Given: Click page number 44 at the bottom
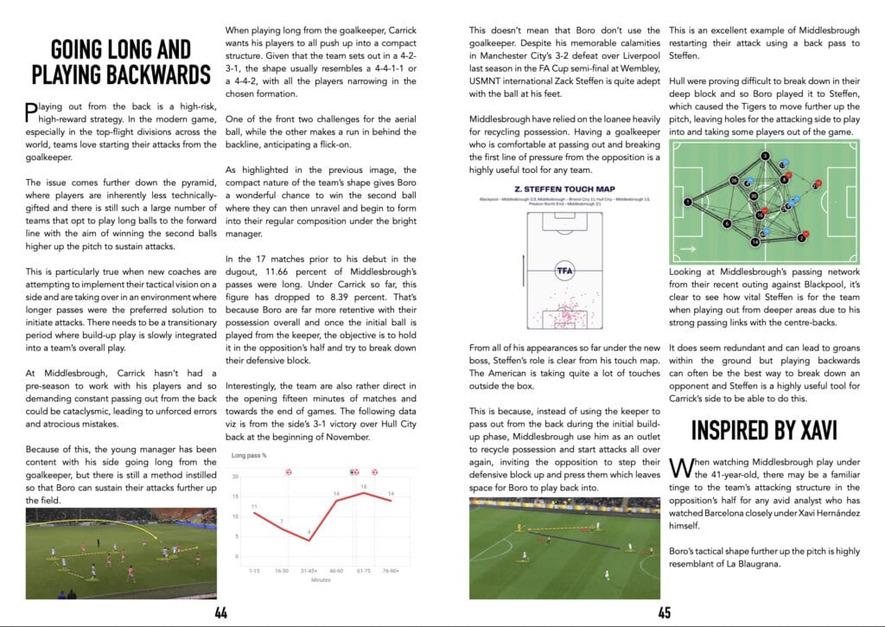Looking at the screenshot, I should [x=221, y=613].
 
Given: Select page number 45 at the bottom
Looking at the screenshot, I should [x=663, y=613].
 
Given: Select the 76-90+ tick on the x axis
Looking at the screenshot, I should [x=394, y=572].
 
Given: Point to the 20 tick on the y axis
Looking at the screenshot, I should [x=235, y=477].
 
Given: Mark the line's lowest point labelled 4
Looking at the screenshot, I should [x=309, y=533].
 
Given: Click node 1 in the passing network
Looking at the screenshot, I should [x=687, y=201].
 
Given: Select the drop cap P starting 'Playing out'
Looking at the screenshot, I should [x=32, y=111].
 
